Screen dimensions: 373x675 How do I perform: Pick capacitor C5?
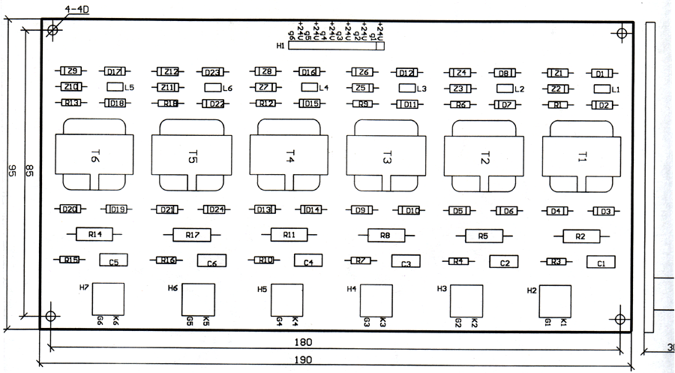[114, 261]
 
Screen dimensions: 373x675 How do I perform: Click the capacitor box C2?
[504, 262]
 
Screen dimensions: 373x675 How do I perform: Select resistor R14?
[94, 235]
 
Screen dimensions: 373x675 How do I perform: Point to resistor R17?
[192, 235]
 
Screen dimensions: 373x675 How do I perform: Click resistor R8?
[385, 236]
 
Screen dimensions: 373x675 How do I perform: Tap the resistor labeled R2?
[580, 236]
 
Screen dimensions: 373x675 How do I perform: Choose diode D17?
[115, 72]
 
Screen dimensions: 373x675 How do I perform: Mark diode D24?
[213, 209]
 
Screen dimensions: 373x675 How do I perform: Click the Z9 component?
[72, 71]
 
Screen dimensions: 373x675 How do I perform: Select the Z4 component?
[461, 73]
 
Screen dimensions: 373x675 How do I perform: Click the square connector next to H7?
[108, 299]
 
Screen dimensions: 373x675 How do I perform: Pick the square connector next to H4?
[376, 301]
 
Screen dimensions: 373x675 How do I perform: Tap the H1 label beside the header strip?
[280, 46]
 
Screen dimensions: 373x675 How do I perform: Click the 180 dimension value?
[304, 342]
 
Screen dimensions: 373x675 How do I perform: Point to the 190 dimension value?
[304, 359]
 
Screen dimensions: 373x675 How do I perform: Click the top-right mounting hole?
[621, 33]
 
